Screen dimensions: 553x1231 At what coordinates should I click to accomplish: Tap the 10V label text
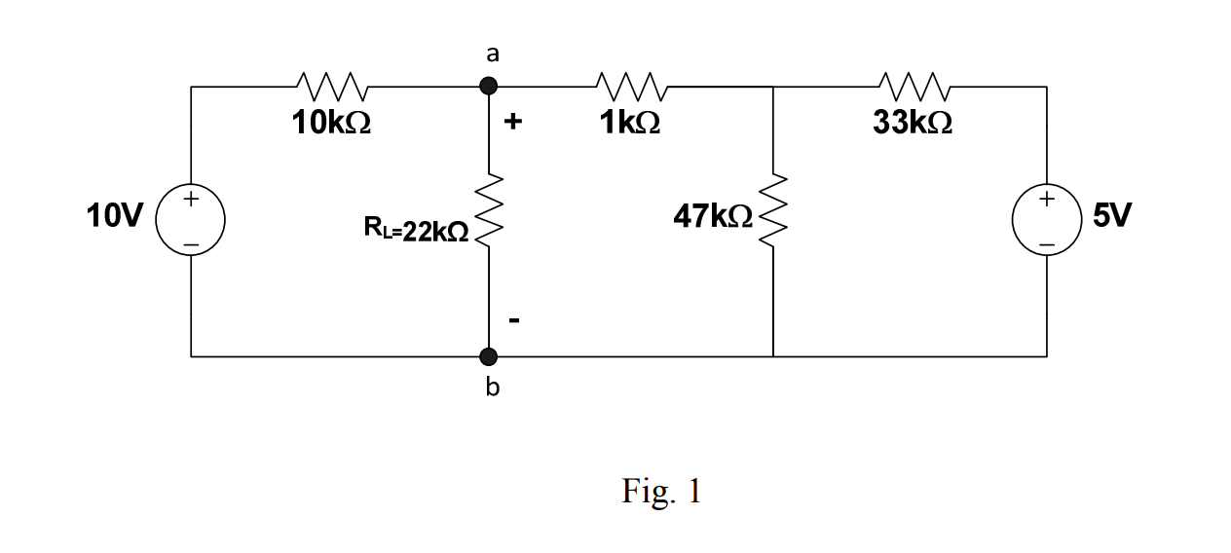(x=114, y=215)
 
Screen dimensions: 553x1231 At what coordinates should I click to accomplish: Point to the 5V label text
(x=1112, y=215)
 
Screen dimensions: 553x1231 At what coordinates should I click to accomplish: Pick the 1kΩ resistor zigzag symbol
(x=633, y=87)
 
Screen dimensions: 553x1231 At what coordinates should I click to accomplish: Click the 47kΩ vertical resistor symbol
(x=773, y=212)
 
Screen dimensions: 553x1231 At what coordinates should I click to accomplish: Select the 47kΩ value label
(x=712, y=216)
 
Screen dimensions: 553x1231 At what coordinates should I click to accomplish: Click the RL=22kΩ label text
(x=416, y=231)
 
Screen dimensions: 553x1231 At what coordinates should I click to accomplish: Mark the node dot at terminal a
(x=489, y=87)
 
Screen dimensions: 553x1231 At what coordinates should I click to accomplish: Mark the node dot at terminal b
(x=489, y=356)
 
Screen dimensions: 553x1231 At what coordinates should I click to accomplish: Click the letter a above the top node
(x=493, y=55)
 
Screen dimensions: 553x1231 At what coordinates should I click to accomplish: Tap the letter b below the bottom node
(x=492, y=388)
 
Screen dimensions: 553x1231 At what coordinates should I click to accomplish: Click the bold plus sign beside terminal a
(x=514, y=123)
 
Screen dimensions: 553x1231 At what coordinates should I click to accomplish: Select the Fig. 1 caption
(x=661, y=492)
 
